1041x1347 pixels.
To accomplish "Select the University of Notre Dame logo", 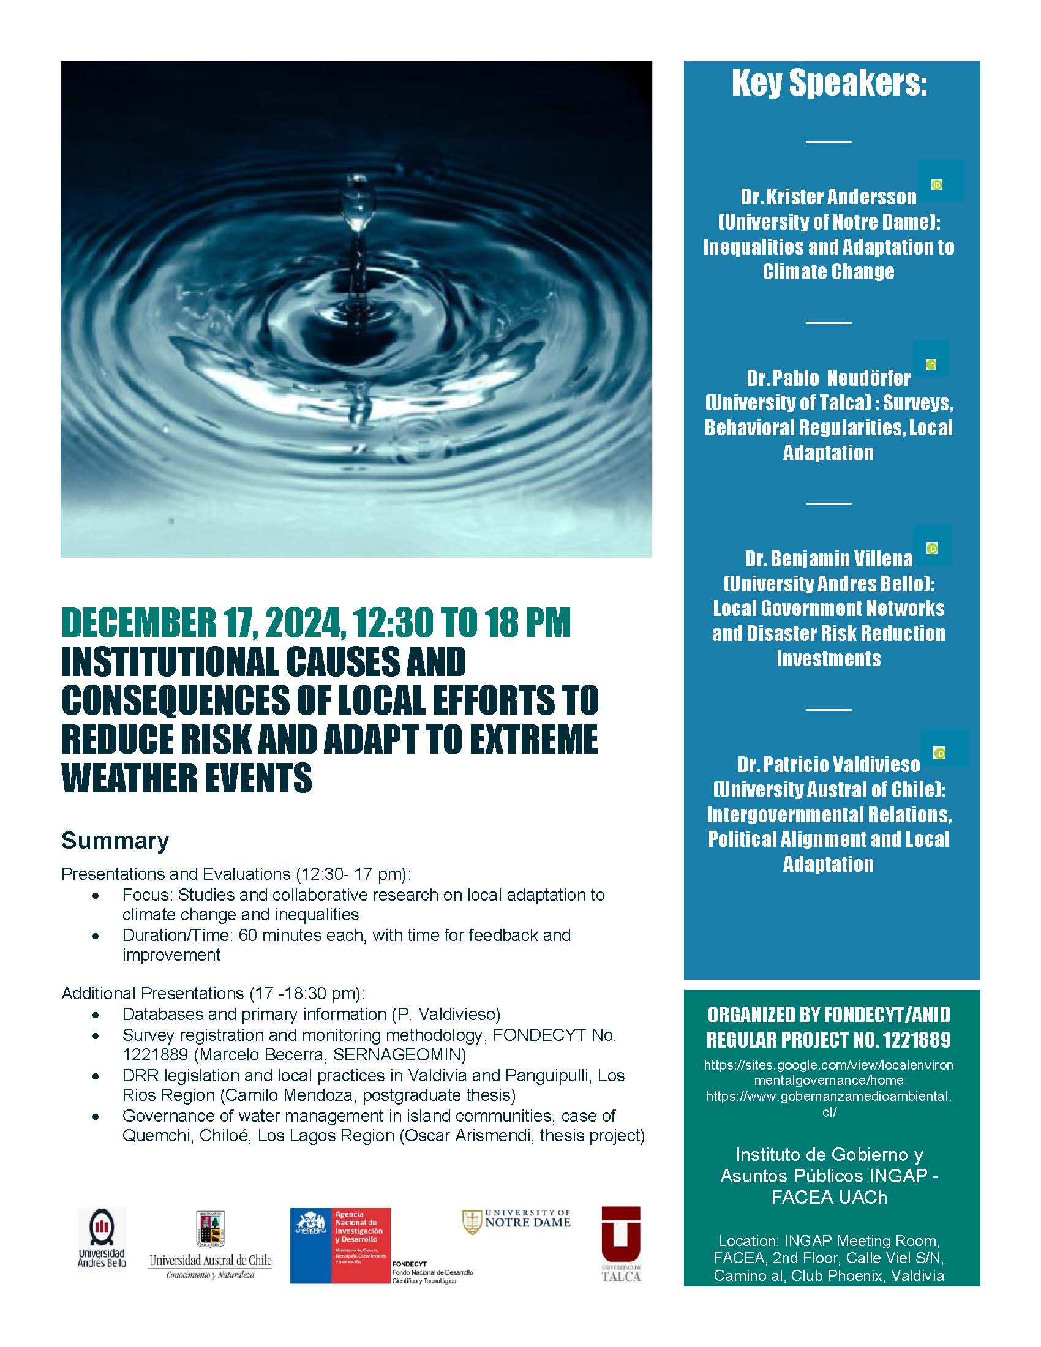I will [517, 1222].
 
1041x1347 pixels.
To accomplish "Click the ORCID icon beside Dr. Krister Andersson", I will [936, 184].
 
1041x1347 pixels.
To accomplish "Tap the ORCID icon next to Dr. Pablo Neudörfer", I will [931, 364].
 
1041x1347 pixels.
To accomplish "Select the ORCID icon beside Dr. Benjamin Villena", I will [932, 549].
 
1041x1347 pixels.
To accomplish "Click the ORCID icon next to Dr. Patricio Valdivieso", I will [939, 753].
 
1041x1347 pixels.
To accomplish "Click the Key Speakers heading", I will [830, 83].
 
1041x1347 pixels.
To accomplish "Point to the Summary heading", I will [115, 841].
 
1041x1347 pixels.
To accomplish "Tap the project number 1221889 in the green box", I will [917, 1040].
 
